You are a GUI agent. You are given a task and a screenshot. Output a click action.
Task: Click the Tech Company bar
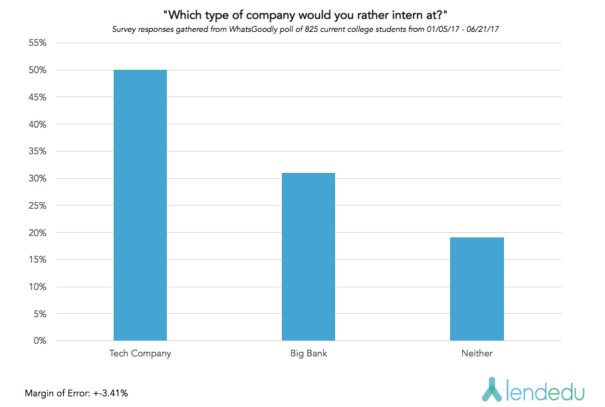tap(140, 205)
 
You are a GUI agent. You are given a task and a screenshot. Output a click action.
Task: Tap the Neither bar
tap(477, 289)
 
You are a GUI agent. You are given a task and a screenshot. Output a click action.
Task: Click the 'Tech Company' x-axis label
tap(140, 354)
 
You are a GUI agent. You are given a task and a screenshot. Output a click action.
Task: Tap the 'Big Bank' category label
tap(308, 354)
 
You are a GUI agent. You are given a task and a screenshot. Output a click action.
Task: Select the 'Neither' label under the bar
tap(477, 354)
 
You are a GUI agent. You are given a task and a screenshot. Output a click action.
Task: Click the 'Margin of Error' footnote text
tap(54, 393)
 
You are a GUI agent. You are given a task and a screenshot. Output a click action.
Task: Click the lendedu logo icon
tap(490, 389)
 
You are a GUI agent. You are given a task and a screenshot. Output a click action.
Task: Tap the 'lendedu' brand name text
tap(543, 390)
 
